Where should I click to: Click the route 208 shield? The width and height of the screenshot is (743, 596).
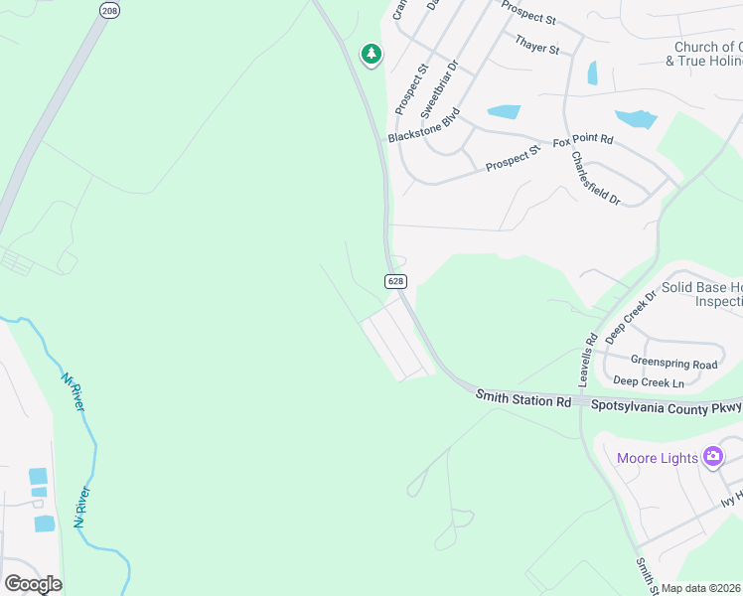(x=108, y=9)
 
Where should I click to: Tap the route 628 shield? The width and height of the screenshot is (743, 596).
(x=395, y=281)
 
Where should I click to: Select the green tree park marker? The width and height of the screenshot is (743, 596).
(x=371, y=54)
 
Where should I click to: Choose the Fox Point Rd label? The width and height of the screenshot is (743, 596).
(x=583, y=141)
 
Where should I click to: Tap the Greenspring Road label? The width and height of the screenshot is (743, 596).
(x=673, y=365)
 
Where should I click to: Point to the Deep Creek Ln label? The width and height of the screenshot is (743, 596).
(x=649, y=381)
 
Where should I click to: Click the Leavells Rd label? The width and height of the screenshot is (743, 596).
(x=587, y=360)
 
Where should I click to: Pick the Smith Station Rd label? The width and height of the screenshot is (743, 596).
(x=523, y=399)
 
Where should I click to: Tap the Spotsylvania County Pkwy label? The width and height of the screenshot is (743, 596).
(x=667, y=406)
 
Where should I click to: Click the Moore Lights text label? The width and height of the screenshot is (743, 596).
(x=657, y=458)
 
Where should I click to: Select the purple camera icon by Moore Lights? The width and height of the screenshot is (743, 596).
(x=712, y=457)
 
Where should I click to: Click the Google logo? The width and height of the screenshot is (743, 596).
(x=33, y=584)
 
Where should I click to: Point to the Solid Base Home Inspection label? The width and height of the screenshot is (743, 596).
(x=701, y=294)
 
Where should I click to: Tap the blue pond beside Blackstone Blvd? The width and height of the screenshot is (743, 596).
(x=504, y=111)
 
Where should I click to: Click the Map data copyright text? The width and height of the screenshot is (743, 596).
(x=701, y=588)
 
